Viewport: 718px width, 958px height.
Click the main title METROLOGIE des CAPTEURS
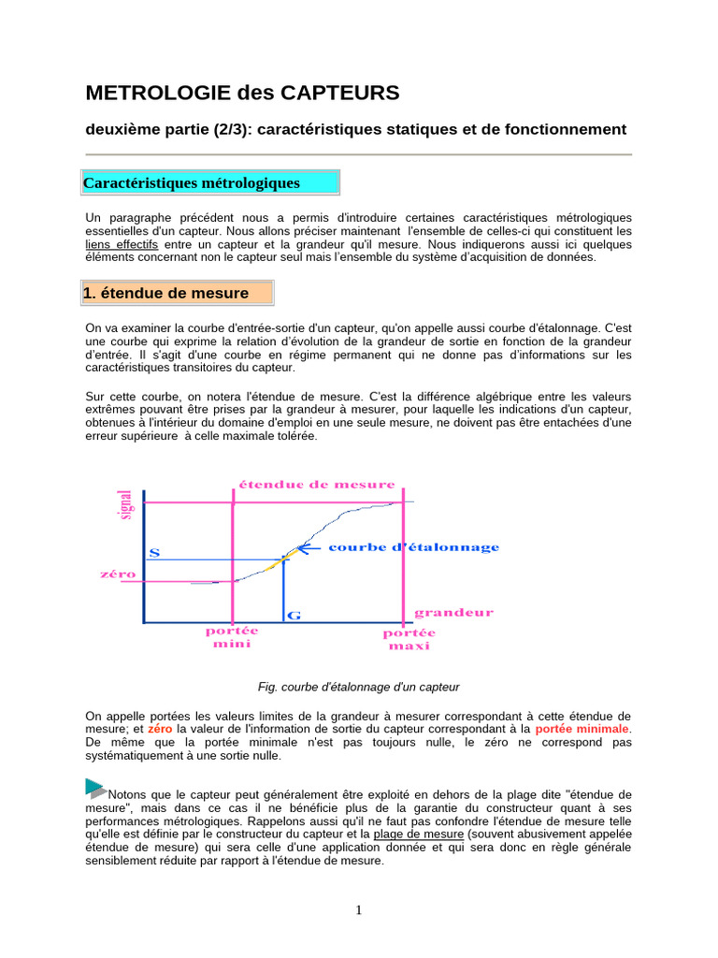(242, 93)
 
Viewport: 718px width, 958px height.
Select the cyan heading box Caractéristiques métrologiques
(211, 182)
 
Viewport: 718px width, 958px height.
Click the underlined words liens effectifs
(122, 244)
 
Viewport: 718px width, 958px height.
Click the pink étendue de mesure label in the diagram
(317, 485)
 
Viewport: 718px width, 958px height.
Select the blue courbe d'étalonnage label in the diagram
(413, 547)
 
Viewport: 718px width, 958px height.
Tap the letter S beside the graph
(154, 553)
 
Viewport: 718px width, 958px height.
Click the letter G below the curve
(294, 616)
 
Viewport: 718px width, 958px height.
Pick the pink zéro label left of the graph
(118, 573)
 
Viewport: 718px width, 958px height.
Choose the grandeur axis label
(453, 614)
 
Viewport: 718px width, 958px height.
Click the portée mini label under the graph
(232, 637)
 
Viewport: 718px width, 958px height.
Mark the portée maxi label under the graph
(409, 640)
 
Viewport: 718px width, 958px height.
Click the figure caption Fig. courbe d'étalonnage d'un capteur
(358, 687)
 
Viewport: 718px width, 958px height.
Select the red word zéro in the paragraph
(160, 729)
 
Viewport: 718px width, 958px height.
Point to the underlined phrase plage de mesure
(419, 834)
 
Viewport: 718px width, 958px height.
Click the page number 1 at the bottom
(359, 911)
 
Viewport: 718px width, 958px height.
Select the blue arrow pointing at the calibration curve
(311, 547)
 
